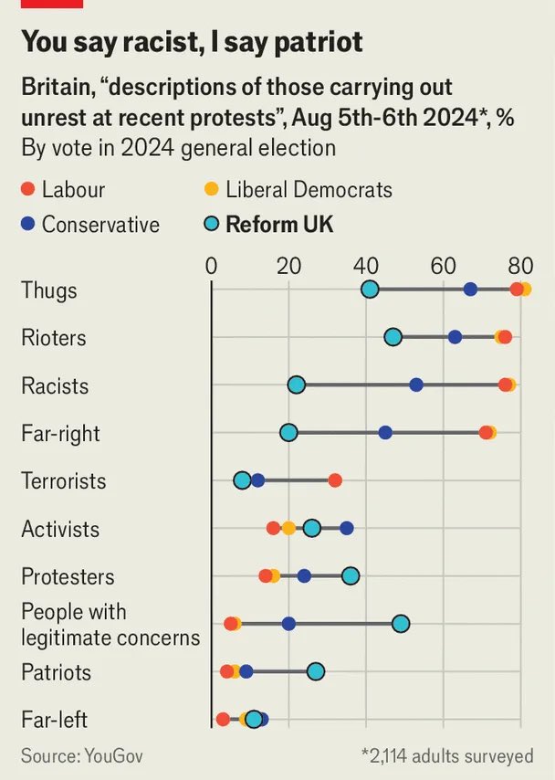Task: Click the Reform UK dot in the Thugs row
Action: (370, 290)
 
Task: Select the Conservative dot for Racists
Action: (416, 385)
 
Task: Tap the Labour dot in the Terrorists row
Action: (335, 480)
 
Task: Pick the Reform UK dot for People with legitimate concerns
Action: (401, 624)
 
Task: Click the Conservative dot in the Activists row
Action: (347, 528)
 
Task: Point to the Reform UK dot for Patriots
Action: (316, 671)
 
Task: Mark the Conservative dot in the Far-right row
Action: (385, 433)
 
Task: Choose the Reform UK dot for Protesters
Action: (351, 575)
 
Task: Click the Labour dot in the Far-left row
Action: (223, 720)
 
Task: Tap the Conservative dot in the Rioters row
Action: (456, 337)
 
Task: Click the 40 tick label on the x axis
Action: (367, 267)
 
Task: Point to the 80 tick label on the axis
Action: (521, 267)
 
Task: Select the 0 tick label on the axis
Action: (212, 267)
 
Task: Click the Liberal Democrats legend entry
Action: (309, 190)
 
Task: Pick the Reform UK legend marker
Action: (211, 225)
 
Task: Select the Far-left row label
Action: (55, 720)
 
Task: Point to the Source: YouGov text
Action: (82, 756)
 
